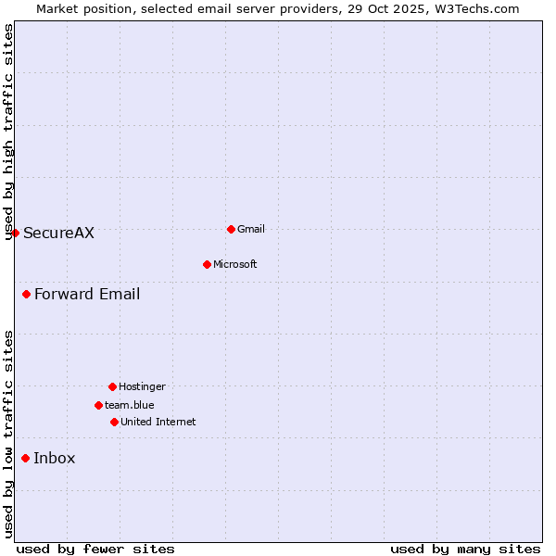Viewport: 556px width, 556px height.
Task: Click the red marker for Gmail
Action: tap(231, 229)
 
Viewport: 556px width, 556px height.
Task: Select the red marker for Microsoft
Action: tap(207, 264)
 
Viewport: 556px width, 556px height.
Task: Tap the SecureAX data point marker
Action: tap(15, 233)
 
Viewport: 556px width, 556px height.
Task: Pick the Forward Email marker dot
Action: tap(26, 294)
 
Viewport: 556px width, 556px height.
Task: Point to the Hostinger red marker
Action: tap(112, 386)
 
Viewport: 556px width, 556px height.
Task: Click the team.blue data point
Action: tap(98, 405)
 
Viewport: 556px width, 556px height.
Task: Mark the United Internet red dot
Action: tap(114, 422)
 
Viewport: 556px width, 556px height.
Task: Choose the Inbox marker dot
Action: tap(25, 458)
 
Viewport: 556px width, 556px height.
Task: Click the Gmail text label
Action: tap(251, 229)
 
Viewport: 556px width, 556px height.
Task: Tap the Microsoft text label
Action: tap(235, 264)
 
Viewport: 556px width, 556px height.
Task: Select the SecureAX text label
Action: tap(58, 233)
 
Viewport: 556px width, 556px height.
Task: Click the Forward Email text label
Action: tap(87, 294)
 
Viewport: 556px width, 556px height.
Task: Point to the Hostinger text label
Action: tap(142, 386)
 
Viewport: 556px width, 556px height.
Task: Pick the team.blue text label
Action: tap(130, 405)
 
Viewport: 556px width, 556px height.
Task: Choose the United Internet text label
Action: tap(158, 422)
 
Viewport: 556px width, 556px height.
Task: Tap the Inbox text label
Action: tap(55, 458)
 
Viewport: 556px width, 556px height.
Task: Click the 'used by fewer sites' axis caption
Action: tap(95, 549)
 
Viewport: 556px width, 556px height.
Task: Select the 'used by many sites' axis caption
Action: tap(465, 549)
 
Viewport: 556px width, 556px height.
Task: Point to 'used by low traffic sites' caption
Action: tap(8, 434)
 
